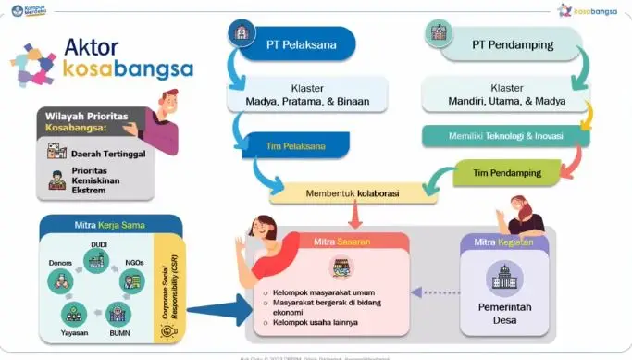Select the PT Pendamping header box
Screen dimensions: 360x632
click(x=505, y=43)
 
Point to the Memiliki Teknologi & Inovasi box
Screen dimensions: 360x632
click(x=505, y=136)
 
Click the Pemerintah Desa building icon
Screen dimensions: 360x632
click(x=505, y=278)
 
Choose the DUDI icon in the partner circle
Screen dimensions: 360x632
click(x=97, y=261)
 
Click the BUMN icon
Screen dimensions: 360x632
click(x=119, y=312)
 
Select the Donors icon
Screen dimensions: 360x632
click(x=60, y=279)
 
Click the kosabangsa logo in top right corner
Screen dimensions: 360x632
click(x=589, y=10)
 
